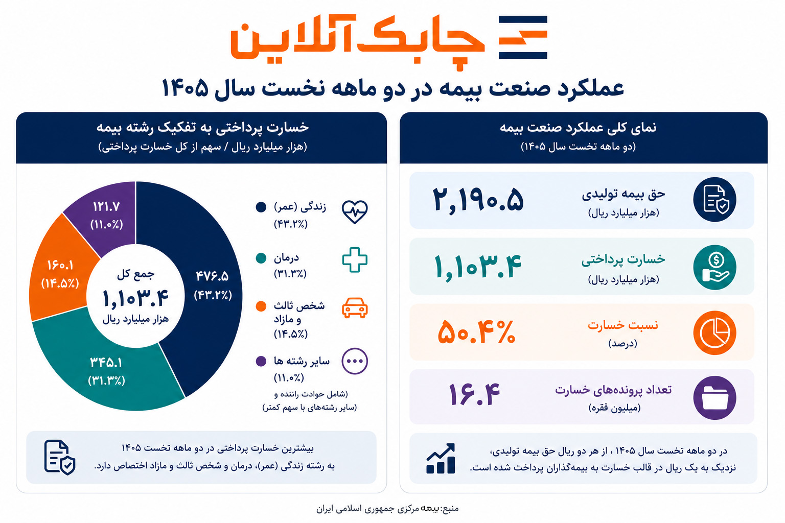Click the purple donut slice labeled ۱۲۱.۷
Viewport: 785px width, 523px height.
(105, 216)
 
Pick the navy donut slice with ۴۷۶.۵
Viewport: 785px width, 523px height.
(210, 286)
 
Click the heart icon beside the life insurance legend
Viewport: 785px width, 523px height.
(355, 212)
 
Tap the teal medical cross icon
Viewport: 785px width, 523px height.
(355, 260)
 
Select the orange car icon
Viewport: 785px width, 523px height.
(355, 308)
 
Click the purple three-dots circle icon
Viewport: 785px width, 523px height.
(355, 361)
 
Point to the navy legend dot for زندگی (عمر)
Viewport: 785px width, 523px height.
(261, 207)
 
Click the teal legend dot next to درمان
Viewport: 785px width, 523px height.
(261, 258)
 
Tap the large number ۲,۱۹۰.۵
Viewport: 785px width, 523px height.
(478, 200)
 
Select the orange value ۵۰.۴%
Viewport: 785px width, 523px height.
(477, 331)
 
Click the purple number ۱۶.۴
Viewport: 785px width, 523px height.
(474, 394)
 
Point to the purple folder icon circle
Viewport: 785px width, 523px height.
(715, 397)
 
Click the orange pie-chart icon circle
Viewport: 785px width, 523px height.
(715, 332)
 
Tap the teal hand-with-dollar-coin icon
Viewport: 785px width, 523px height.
(715, 267)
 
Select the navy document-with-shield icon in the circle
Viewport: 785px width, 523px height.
(715, 199)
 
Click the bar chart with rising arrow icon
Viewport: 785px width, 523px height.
(441, 458)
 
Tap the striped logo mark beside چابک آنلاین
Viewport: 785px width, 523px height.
(523, 37)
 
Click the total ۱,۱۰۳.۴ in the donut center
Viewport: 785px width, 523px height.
(135, 298)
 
